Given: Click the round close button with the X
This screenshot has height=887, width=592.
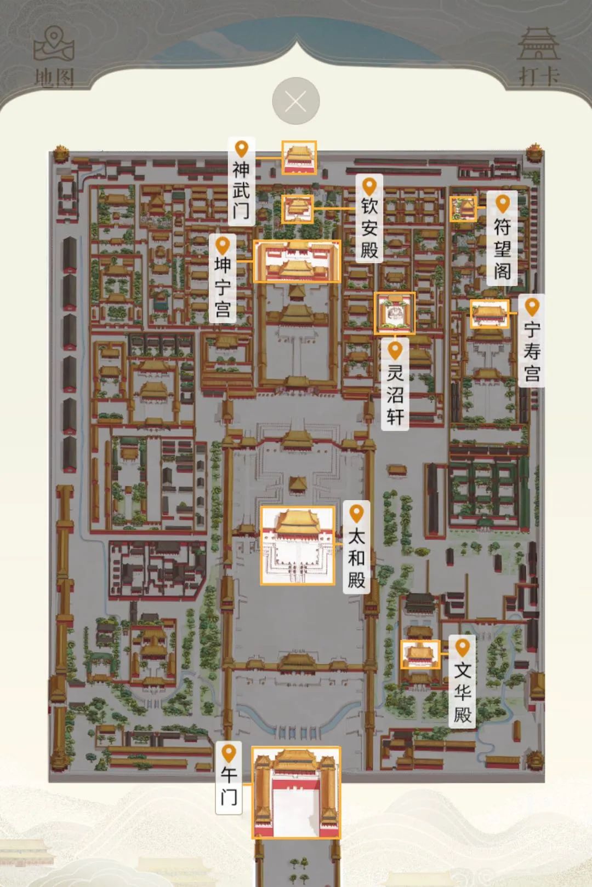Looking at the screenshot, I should (x=296, y=101).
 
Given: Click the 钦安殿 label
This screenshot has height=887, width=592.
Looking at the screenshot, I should (x=369, y=219).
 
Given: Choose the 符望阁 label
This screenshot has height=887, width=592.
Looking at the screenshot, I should (x=502, y=239).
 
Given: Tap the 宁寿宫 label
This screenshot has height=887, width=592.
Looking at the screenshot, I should (x=532, y=341).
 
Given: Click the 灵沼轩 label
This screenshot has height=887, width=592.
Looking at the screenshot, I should (x=395, y=385).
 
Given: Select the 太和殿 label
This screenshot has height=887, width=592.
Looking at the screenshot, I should (x=357, y=548).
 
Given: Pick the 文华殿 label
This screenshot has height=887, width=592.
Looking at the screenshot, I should (x=463, y=682).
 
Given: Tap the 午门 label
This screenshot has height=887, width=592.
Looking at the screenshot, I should (x=229, y=777).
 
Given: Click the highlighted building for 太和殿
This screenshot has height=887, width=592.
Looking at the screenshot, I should (x=297, y=545).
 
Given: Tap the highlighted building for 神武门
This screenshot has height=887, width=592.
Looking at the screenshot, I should (x=299, y=158).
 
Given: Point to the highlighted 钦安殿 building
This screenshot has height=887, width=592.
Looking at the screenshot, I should (x=298, y=209).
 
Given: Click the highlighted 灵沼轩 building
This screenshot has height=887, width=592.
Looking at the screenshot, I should (x=395, y=313).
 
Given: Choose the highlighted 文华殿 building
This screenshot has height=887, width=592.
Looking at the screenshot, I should (x=420, y=654).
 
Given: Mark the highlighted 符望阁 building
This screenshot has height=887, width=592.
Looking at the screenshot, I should (x=463, y=209).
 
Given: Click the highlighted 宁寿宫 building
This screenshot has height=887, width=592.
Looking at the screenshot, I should (x=489, y=314).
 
